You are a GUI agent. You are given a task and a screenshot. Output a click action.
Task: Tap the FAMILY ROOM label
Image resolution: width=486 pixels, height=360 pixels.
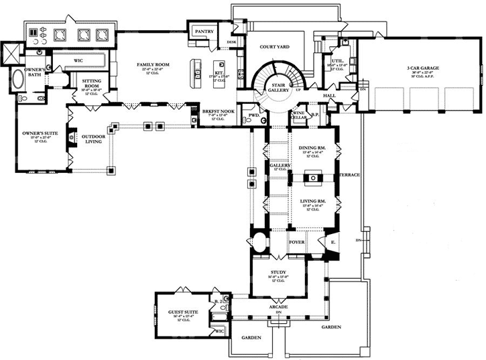151,65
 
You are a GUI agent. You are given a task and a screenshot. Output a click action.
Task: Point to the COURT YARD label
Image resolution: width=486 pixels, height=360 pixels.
274,47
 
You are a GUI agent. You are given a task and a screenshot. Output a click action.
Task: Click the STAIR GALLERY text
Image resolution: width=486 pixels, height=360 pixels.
278,87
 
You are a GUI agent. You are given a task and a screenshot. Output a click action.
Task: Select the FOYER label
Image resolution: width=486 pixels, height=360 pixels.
297,241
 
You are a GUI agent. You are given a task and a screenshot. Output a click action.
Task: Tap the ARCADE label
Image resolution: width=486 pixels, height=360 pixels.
278,307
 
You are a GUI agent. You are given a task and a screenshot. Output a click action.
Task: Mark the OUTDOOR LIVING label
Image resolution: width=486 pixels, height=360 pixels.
93,139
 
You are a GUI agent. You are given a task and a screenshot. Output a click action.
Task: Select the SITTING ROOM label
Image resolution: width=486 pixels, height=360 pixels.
92,83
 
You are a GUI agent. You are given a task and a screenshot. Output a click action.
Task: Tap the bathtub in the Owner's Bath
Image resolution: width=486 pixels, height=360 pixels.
17,82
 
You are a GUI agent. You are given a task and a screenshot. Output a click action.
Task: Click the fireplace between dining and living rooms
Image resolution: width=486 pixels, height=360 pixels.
312,178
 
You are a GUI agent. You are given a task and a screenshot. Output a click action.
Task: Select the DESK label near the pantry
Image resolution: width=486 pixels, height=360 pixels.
232,42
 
